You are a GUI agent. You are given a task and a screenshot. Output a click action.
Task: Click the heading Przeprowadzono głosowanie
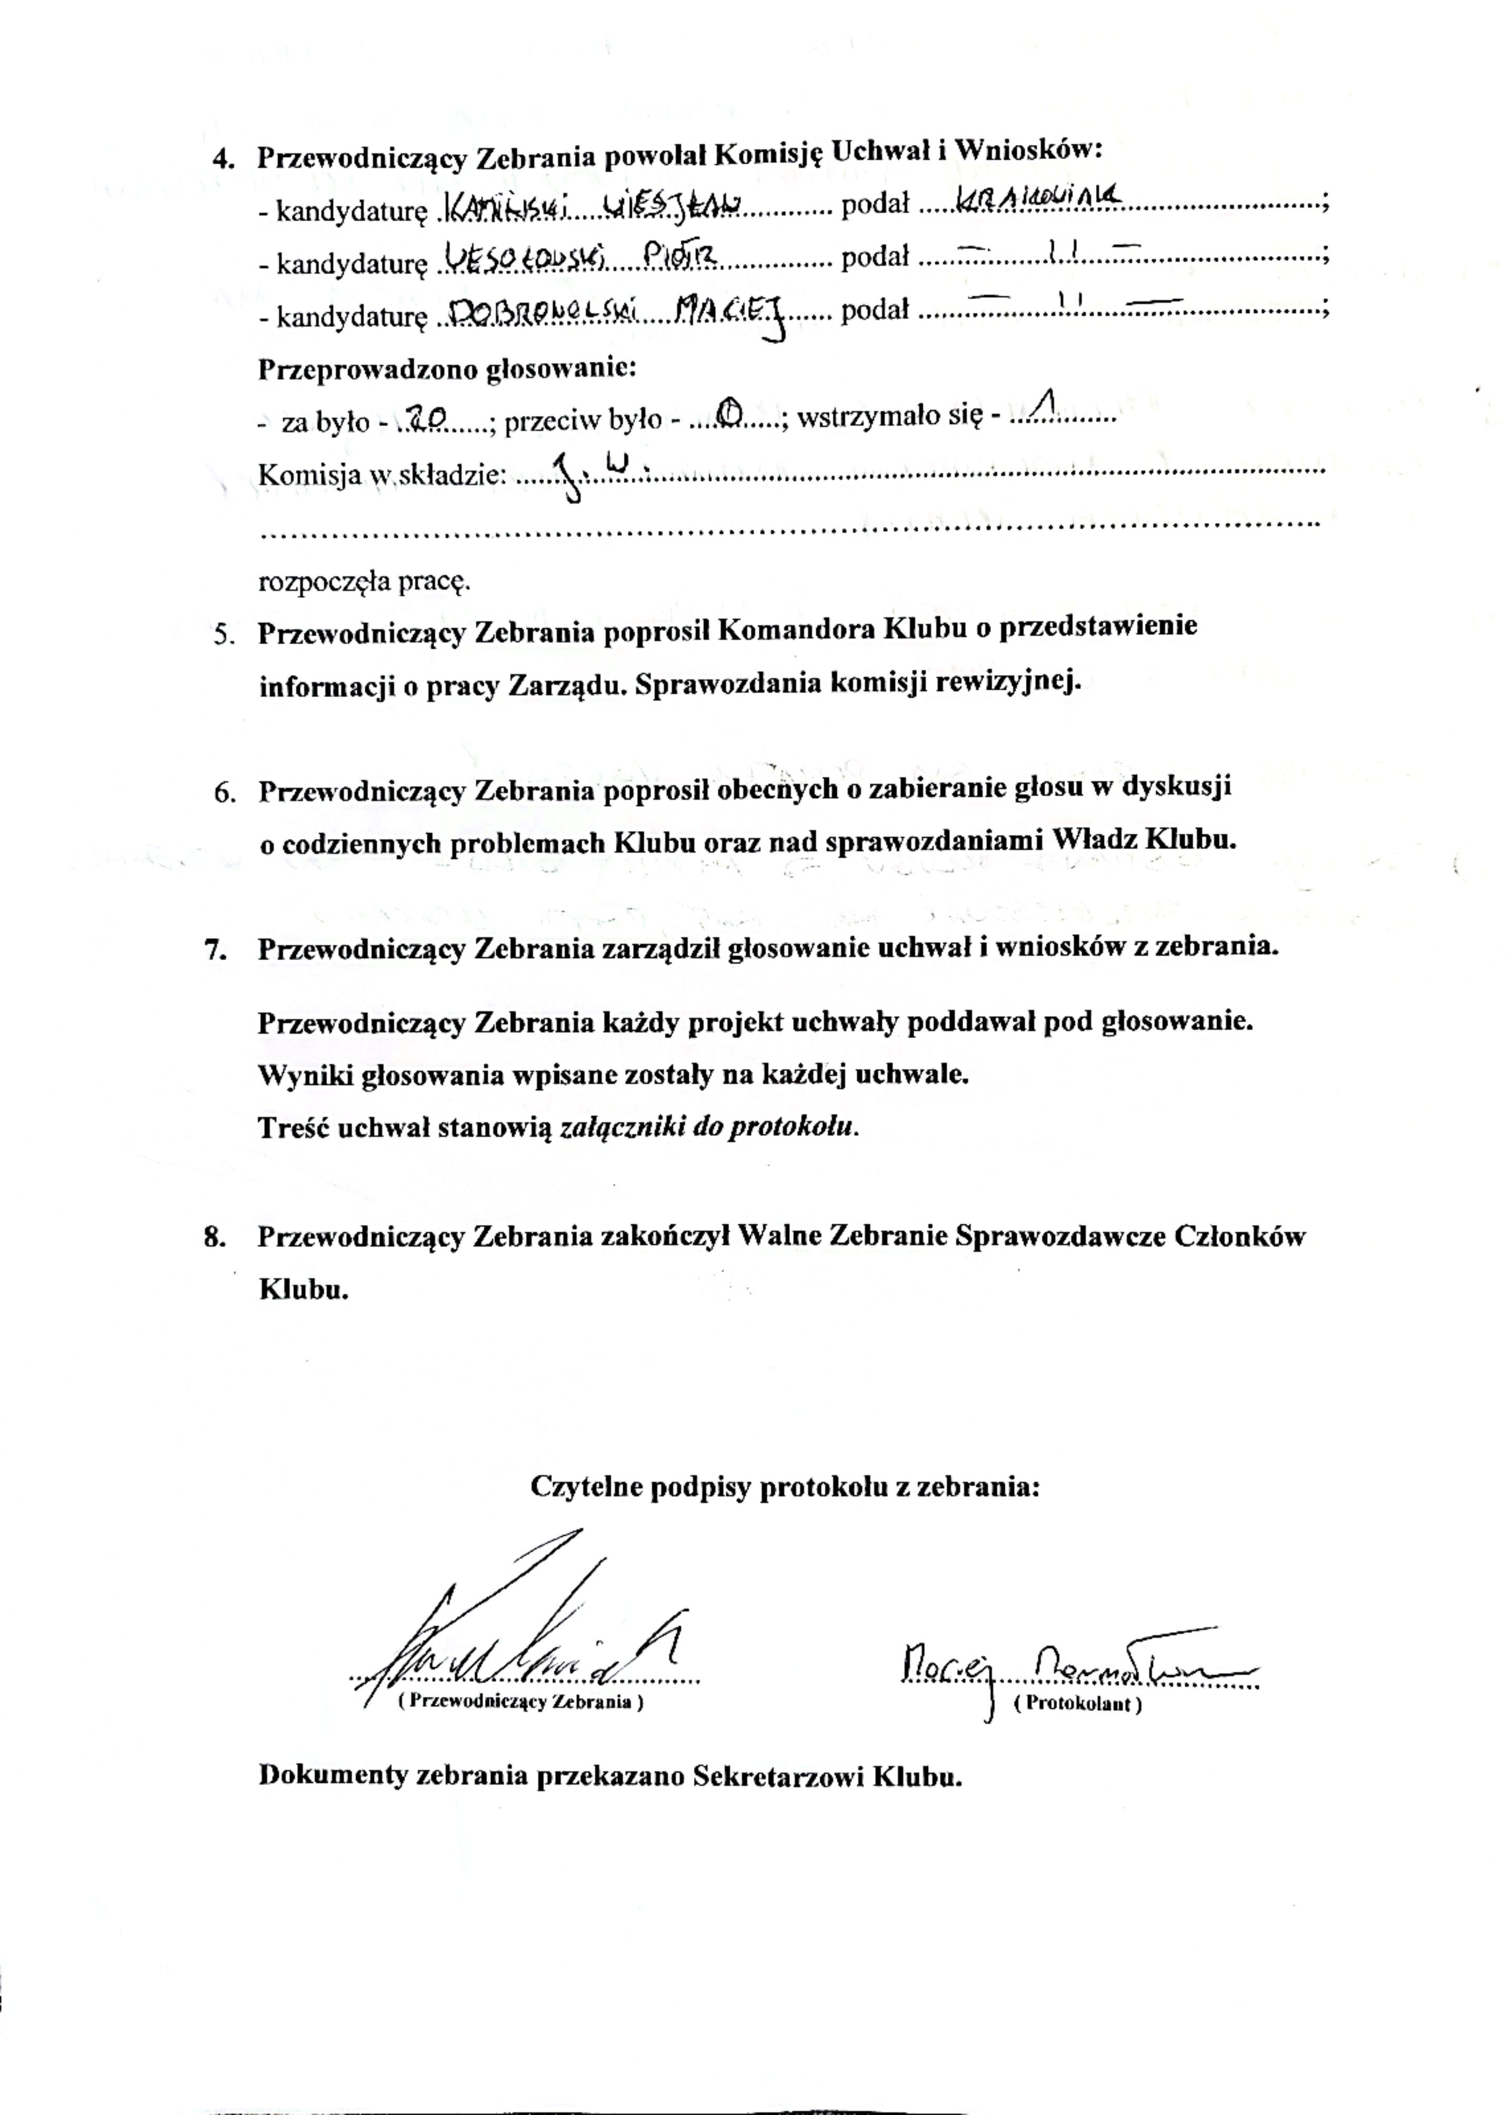pos(446,368)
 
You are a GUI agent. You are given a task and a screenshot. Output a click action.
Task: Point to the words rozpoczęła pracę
pos(364,582)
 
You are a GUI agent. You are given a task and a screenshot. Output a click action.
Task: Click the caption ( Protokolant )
pos(1078,1704)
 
